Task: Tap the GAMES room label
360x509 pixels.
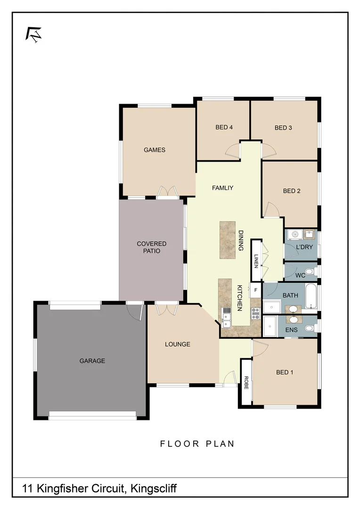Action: [155, 150]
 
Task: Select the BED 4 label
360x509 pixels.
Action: [224, 127]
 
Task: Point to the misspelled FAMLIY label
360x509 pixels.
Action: [222, 188]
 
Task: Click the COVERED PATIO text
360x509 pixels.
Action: [152, 247]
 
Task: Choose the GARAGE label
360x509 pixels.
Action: [92, 361]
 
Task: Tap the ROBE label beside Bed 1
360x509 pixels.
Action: [245, 382]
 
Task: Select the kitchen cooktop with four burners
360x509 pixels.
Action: [256, 311]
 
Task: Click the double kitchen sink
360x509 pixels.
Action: [226, 317]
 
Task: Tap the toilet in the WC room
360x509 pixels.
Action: [310, 271]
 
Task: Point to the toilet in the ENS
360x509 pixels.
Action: [310, 327]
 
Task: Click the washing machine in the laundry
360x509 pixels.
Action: [295, 234]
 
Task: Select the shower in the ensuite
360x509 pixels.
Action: [270, 325]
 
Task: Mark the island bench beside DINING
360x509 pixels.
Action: [227, 240]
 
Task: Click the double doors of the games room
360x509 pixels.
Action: [167, 192]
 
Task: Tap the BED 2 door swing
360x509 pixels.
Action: [271, 210]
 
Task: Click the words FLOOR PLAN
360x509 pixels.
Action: [197, 444]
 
